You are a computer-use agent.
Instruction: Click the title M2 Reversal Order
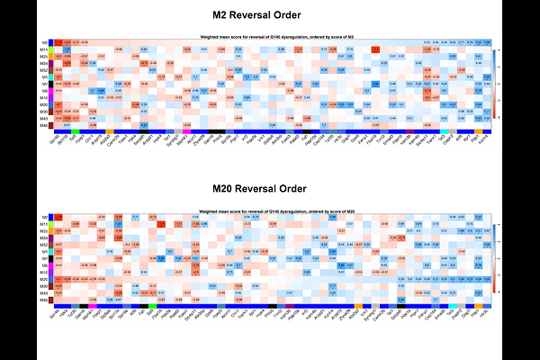click(x=269, y=15)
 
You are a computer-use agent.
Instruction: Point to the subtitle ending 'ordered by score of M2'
click(x=271, y=36)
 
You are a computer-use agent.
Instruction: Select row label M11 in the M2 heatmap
click(x=43, y=49)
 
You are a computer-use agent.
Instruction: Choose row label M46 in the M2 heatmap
click(x=43, y=124)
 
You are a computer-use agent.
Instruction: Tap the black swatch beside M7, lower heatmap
click(x=52, y=259)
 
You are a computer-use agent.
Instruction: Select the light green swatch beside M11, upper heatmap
click(x=52, y=49)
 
